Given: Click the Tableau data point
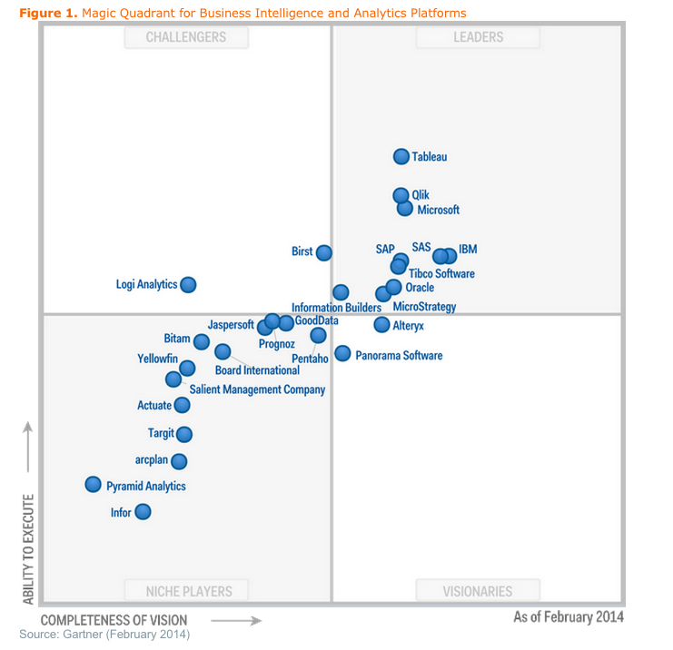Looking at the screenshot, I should tap(401, 156).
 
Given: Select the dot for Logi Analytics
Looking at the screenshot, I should tap(188, 284).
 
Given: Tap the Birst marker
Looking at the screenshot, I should tap(324, 252).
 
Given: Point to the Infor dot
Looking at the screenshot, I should tap(143, 512).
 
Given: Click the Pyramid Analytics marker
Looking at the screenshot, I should tap(93, 485).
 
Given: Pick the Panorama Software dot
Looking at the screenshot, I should tap(342, 354).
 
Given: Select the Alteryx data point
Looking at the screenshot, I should tap(382, 324).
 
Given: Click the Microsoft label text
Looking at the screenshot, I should tap(439, 210).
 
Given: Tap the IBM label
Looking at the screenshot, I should tap(468, 249).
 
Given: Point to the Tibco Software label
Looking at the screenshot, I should tap(441, 273).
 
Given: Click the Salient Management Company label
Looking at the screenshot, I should tap(257, 389).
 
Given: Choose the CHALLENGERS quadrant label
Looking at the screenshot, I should tap(186, 37).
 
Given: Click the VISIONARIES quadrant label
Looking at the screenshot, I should tap(478, 591).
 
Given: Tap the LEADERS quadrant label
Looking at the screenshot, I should tap(478, 37).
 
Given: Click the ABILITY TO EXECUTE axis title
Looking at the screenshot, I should tap(28, 548).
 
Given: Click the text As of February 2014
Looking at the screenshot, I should tap(569, 617).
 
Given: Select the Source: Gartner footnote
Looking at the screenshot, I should tap(104, 634).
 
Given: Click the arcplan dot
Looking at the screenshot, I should tap(179, 461).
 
